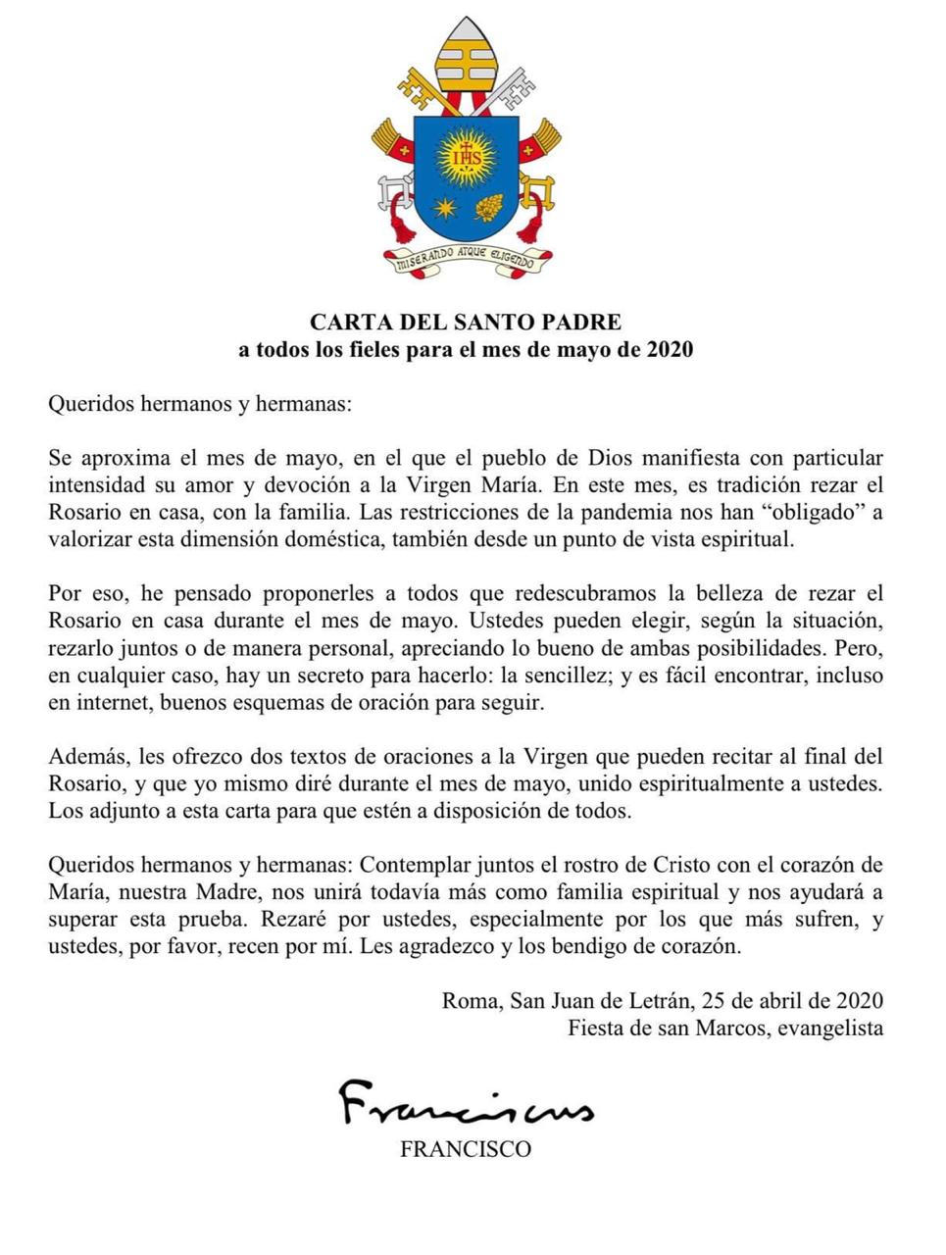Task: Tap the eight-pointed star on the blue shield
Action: pyautogui.click(x=445, y=207)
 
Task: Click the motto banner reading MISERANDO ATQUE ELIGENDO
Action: pyautogui.click(x=465, y=260)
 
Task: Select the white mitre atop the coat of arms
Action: pyautogui.click(x=466, y=55)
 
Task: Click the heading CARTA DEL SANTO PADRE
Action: pyautogui.click(x=466, y=322)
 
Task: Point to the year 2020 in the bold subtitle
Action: pyautogui.click(x=670, y=350)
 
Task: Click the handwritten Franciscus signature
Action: pyautogui.click(x=466, y=1102)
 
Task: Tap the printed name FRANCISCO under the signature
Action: pyautogui.click(x=466, y=1149)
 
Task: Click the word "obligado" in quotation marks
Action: pyautogui.click(x=809, y=512)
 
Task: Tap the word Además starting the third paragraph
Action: pyautogui.click(x=85, y=757)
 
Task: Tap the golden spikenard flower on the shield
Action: pyautogui.click(x=488, y=207)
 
